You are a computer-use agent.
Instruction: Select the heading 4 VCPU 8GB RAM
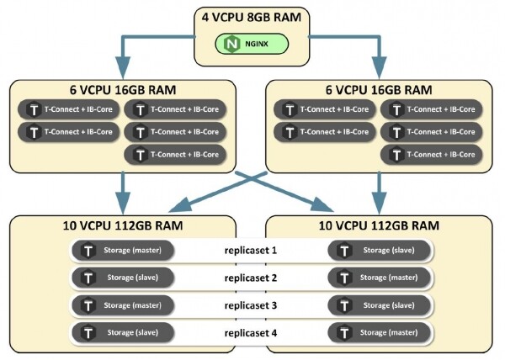pos(251,16)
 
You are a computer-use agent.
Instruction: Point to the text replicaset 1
pos(250,250)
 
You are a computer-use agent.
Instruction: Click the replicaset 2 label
pos(250,277)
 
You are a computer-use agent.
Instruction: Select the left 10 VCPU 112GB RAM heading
pos(123,225)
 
